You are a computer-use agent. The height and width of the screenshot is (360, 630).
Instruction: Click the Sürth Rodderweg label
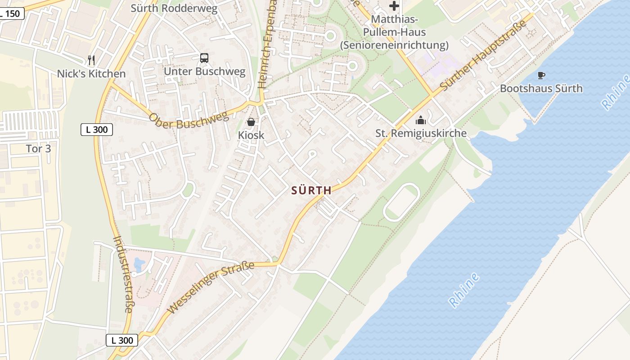coord(174,8)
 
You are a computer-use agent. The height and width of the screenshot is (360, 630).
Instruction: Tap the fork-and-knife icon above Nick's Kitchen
coord(91,60)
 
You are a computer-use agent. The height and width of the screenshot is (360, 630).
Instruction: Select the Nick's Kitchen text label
coord(91,74)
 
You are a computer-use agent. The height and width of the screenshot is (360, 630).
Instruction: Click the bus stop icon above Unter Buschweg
coord(204,58)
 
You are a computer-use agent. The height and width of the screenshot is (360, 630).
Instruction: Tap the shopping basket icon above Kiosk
coord(251,122)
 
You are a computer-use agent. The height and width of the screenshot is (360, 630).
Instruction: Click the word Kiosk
coord(251,135)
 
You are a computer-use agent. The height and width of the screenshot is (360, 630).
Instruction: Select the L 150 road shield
coord(11,13)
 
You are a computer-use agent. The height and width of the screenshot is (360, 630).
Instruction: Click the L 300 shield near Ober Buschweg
coord(96,130)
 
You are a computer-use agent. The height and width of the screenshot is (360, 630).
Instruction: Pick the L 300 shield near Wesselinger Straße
coord(122,340)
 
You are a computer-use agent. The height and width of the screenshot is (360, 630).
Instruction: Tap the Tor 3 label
coord(39,148)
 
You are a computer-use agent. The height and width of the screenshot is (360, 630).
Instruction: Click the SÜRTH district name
coord(311,190)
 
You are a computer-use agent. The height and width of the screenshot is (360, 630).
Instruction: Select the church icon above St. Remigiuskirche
coord(421,120)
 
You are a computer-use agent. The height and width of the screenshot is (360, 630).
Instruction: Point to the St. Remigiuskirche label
coord(421,134)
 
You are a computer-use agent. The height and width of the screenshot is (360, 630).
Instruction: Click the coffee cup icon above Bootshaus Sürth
coord(541,75)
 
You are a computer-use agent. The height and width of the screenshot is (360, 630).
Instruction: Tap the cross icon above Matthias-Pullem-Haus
coord(394,6)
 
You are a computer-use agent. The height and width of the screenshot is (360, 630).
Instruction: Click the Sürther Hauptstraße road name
coord(484,56)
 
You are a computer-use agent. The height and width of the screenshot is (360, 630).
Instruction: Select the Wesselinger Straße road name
coord(210,288)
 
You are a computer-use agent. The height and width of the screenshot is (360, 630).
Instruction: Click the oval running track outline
coord(401,202)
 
